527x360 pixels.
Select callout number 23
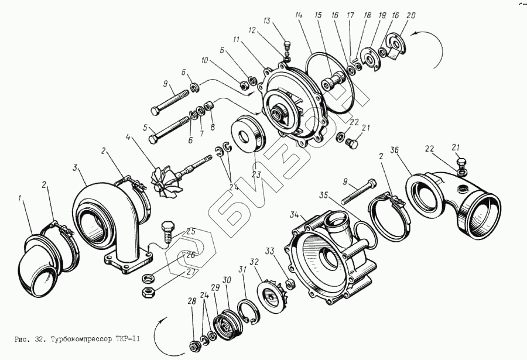[x=255, y=173]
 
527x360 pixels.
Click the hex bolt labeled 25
[x=167, y=229]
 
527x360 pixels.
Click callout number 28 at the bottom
[x=191, y=301]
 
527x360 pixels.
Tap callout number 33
[x=269, y=252]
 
